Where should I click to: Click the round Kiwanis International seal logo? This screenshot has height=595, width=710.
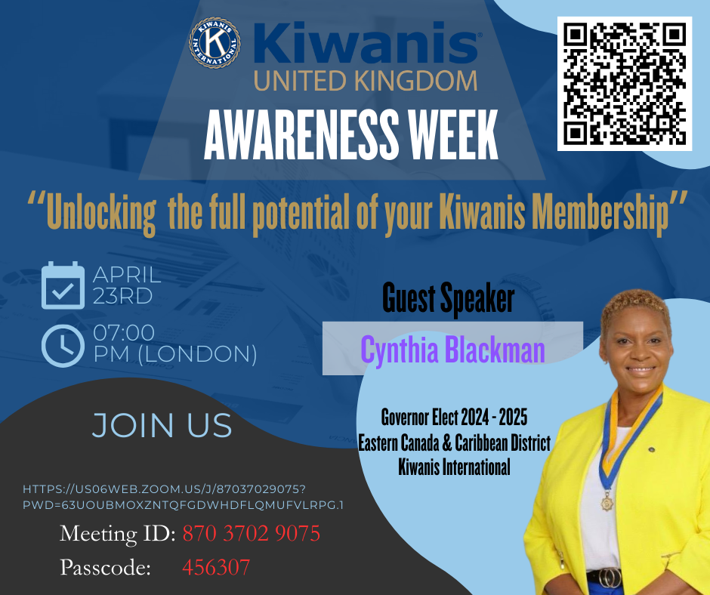[215, 44]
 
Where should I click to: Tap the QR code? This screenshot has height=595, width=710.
[625, 84]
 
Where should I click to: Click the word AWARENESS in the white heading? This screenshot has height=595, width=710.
[301, 135]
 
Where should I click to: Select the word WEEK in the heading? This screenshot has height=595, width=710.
[453, 135]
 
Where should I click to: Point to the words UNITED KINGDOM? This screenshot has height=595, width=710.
[366, 81]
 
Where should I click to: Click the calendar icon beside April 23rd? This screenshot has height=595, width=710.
[63, 285]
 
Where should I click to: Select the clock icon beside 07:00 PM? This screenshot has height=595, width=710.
[63, 346]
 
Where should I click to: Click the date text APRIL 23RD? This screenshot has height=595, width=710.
[127, 285]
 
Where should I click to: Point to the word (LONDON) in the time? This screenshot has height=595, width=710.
[198, 354]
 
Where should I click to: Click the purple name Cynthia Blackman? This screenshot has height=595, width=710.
[452, 350]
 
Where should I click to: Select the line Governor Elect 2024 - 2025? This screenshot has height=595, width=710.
[454, 417]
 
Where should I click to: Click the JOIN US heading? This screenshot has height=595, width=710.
[162, 425]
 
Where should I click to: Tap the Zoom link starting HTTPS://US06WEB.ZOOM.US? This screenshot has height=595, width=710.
[183, 497]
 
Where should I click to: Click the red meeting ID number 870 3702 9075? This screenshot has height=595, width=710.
[252, 533]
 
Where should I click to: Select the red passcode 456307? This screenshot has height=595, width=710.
[216, 567]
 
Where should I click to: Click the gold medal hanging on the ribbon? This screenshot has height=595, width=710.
[607, 501]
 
